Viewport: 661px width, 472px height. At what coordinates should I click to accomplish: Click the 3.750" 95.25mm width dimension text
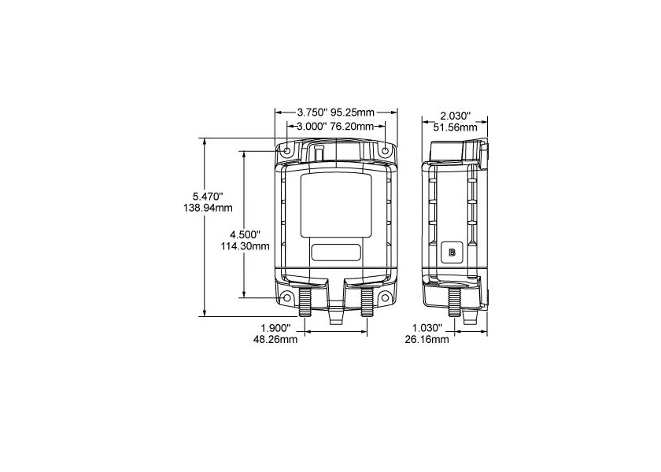point(335,112)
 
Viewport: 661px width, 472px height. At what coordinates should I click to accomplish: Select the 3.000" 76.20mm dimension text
point(335,126)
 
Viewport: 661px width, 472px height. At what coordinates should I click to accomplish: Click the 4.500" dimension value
point(246,234)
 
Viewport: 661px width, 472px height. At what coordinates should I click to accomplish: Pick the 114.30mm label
point(246,246)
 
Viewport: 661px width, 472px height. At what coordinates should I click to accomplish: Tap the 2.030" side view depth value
point(456,116)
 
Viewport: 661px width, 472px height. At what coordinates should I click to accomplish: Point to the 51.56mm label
point(456,127)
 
